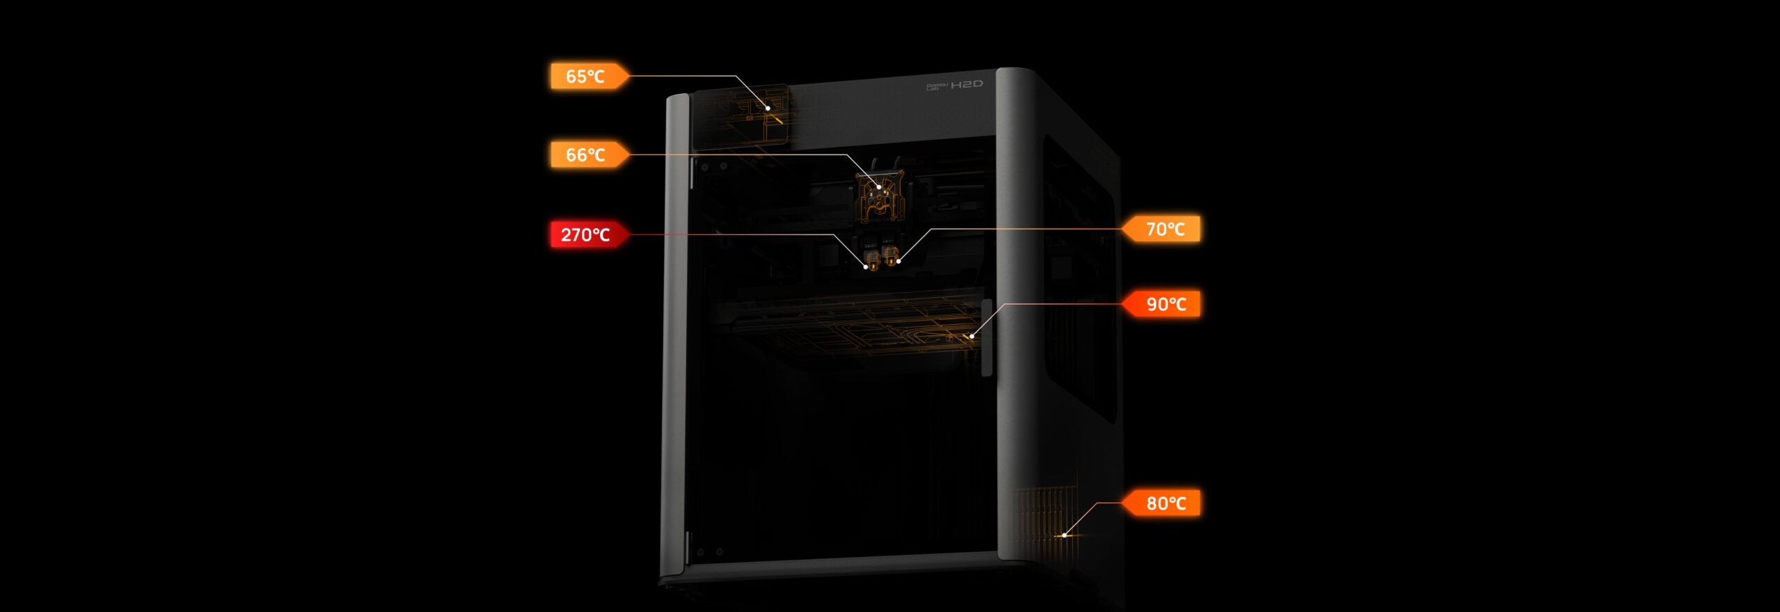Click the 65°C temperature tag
pos(589,76)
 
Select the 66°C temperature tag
pos(589,154)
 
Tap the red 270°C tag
pos(589,234)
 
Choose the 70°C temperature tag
pos(1162,229)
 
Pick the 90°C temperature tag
pos(1162,304)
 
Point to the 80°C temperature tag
pos(1162,503)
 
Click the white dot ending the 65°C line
pos(768,108)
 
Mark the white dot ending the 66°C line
pos(880,187)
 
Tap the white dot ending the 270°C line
pos(866,266)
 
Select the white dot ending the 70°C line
pos(898,261)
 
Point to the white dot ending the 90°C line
pos(972,337)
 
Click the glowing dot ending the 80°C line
pos(1065,535)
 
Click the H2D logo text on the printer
pos(966,84)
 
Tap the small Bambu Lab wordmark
pos(937,86)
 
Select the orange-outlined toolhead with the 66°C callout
pos(879,198)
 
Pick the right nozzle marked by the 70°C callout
pos(890,255)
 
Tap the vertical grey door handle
pos(987,338)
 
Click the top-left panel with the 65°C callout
pos(741,117)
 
